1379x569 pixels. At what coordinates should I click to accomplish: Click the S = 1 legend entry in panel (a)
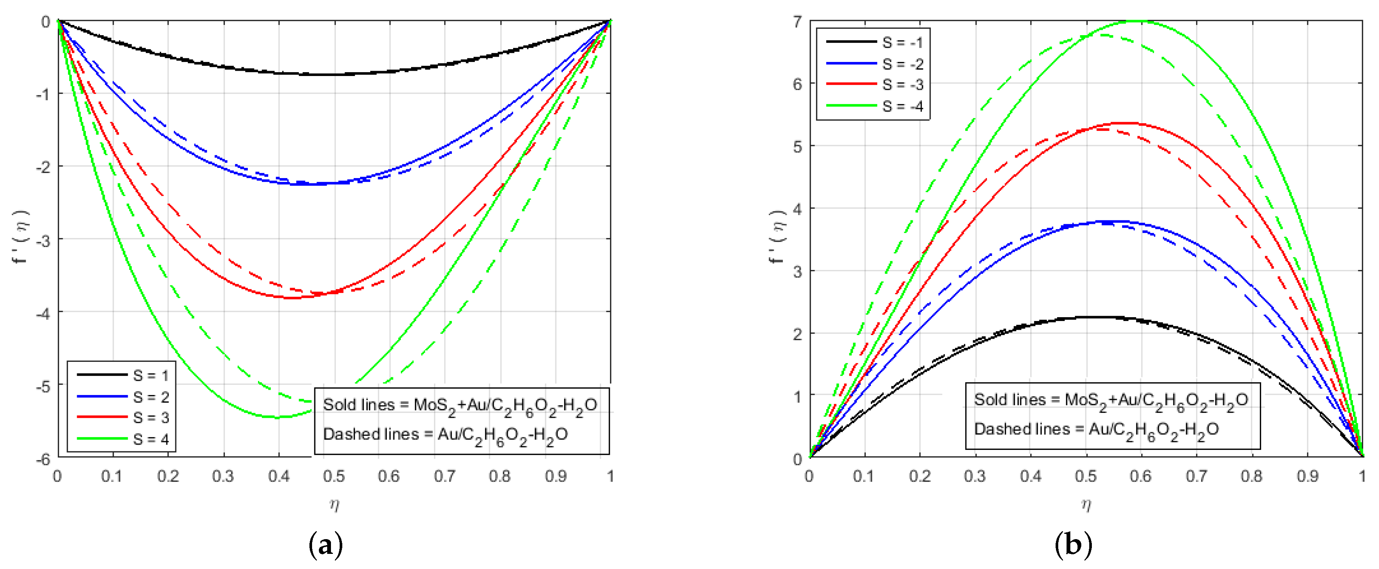150,375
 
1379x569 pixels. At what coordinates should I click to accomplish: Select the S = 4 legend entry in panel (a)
150,439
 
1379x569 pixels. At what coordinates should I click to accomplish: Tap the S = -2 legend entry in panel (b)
903,64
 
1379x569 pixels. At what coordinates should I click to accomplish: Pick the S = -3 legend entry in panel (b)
903,85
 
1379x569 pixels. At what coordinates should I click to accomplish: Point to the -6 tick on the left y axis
43,459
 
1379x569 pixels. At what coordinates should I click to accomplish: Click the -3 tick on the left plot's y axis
43,240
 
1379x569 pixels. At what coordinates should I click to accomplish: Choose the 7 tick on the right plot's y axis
798,22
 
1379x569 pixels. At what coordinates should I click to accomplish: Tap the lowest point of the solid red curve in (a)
290,298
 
